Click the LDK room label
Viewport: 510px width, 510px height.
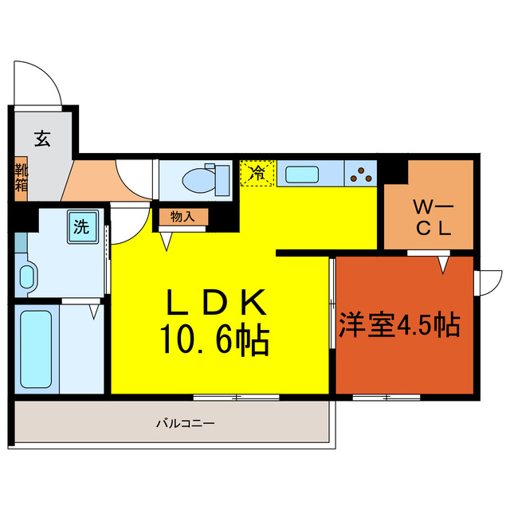(x=215, y=304)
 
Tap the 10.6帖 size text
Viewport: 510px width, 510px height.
(x=215, y=341)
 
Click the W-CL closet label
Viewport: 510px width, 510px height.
(x=432, y=218)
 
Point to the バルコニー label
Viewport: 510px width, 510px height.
(x=185, y=423)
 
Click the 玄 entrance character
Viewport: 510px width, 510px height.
(x=41, y=138)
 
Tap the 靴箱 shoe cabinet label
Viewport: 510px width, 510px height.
(x=21, y=178)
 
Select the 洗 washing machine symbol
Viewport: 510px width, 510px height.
(x=81, y=226)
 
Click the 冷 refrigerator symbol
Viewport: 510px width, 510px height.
(x=258, y=171)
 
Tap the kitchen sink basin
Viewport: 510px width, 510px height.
(x=304, y=173)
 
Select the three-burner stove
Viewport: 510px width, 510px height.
(x=361, y=172)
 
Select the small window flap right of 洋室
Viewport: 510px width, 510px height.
(x=487, y=282)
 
